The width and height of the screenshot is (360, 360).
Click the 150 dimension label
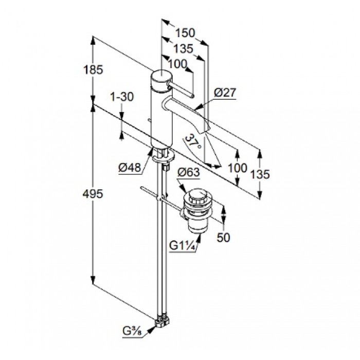point(185,33)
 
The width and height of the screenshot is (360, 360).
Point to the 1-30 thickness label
point(122,96)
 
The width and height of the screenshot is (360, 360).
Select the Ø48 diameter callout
point(129,167)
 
